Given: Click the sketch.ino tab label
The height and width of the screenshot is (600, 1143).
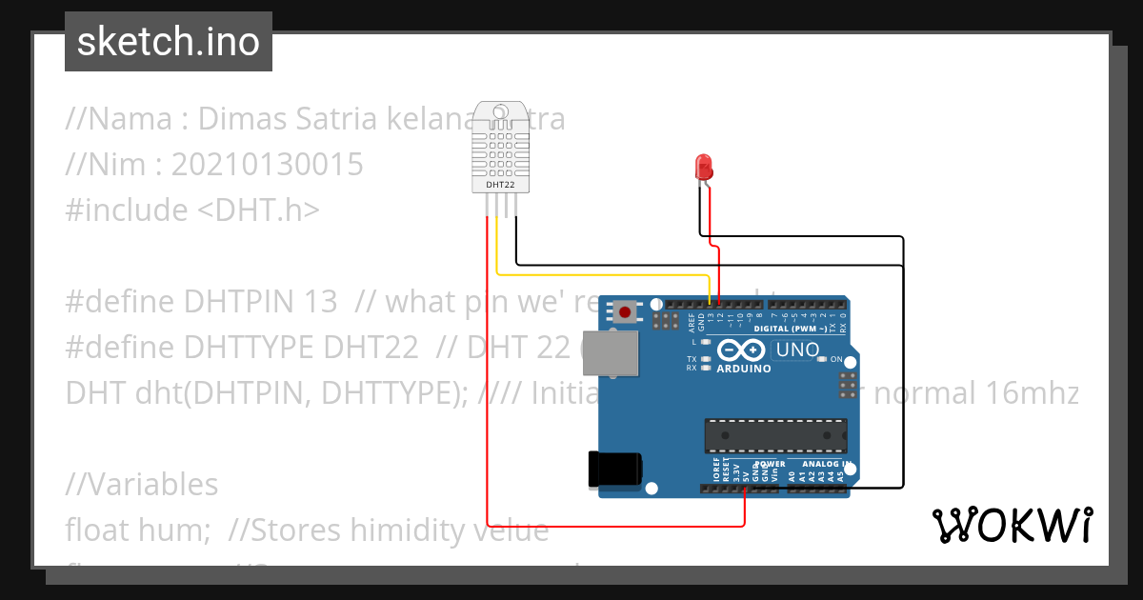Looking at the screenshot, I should [168, 42].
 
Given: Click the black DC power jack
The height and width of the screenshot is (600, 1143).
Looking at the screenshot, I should [614, 470].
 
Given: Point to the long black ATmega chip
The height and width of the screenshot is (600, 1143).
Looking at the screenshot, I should [775, 434].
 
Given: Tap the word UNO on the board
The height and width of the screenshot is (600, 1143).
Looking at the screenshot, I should [797, 350].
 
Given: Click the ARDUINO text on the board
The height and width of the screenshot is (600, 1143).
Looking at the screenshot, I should [743, 369].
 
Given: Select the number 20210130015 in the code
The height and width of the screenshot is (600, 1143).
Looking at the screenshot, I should [267, 165].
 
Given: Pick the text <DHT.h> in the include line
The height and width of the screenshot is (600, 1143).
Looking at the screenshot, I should [257, 210].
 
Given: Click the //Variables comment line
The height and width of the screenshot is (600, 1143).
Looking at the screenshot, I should [142, 484].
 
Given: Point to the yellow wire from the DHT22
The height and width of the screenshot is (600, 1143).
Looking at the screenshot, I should [600, 276].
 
